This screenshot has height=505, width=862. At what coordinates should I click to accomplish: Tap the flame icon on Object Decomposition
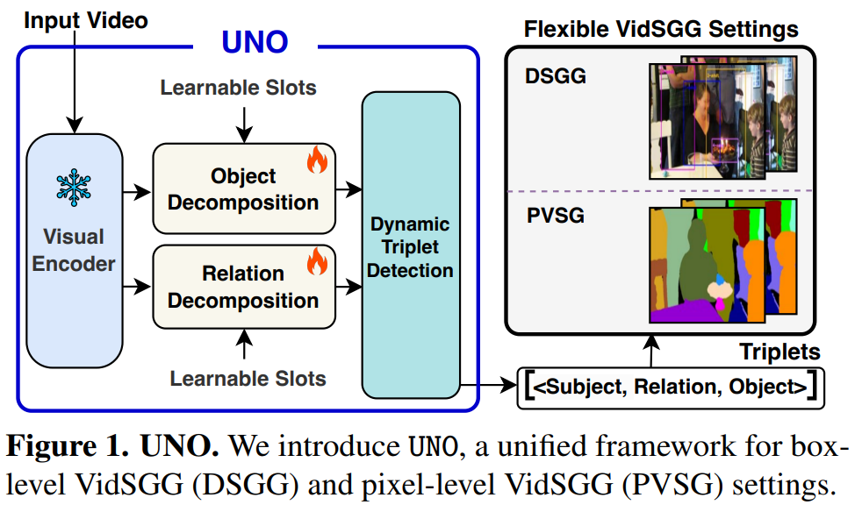[x=316, y=160]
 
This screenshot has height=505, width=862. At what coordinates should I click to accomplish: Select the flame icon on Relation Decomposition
[x=316, y=260]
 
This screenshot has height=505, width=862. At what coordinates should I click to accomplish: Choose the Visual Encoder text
[x=74, y=249]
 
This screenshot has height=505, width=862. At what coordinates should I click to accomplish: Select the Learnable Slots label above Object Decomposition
[x=239, y=88]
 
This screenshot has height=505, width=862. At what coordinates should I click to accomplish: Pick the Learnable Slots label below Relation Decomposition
[x=248, y=379]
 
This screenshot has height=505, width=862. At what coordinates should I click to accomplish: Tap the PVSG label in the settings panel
[x=555, y=214]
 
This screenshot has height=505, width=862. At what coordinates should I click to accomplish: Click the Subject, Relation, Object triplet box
[x=672, y=385]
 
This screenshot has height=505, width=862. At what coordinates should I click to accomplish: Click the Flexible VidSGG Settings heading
[x=661, y=29]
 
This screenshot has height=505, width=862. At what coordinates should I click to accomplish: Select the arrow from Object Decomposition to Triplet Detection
[x=349, y=188]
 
